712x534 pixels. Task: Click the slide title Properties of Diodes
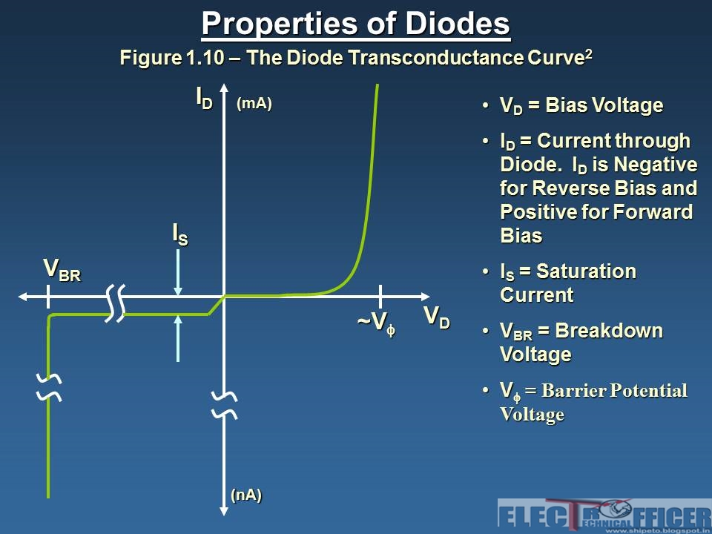[356, 24]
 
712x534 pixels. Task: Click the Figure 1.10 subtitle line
[356, 58]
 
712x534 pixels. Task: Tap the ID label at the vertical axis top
[204, 98]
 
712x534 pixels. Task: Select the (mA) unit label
[254, 104]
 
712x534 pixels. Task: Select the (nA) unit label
[246, 495]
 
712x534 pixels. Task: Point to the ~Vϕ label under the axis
[376, 323]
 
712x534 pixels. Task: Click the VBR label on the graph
[62, 270]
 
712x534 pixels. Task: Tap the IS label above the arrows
[180, 234]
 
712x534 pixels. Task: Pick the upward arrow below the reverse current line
[179, 337]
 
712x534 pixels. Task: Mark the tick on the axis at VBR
[48, 296]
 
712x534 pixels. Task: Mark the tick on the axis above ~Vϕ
[380, 296]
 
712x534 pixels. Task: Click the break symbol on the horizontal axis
[115, 303]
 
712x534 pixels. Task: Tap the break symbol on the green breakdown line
[49, 386]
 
